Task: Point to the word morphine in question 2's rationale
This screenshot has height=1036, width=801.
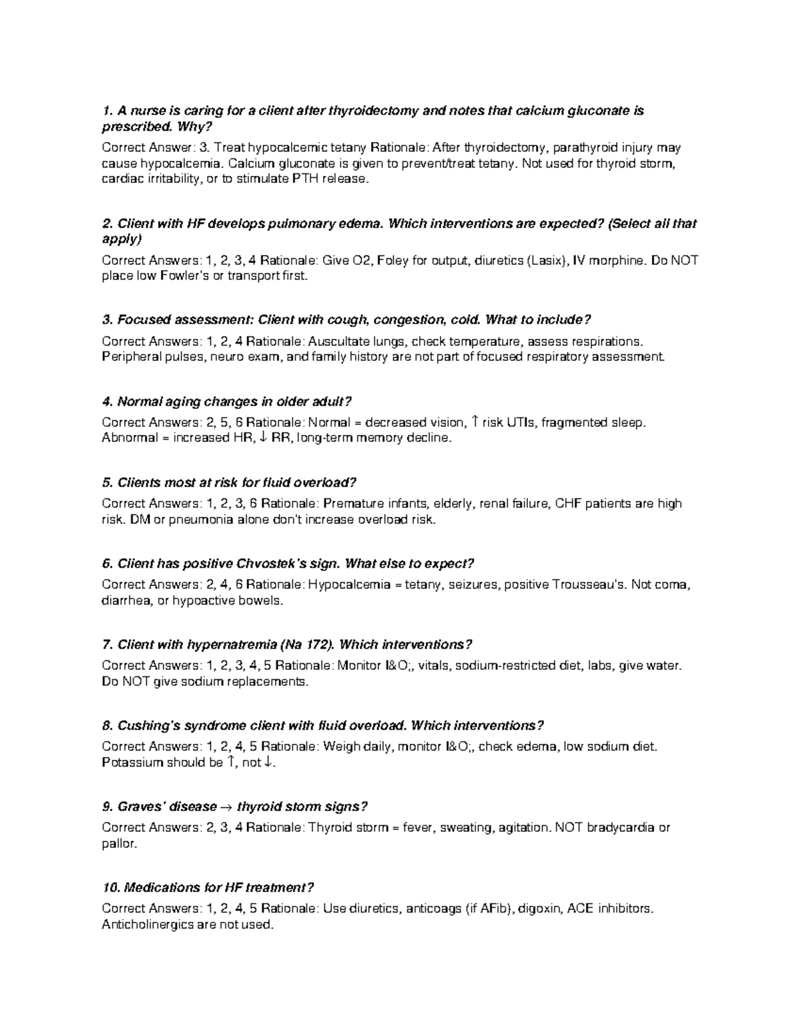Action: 622,260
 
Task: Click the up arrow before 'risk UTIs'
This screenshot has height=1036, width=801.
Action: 475,422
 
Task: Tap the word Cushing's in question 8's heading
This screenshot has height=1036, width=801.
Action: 148,725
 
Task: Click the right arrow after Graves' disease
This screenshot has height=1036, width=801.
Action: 226,807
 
